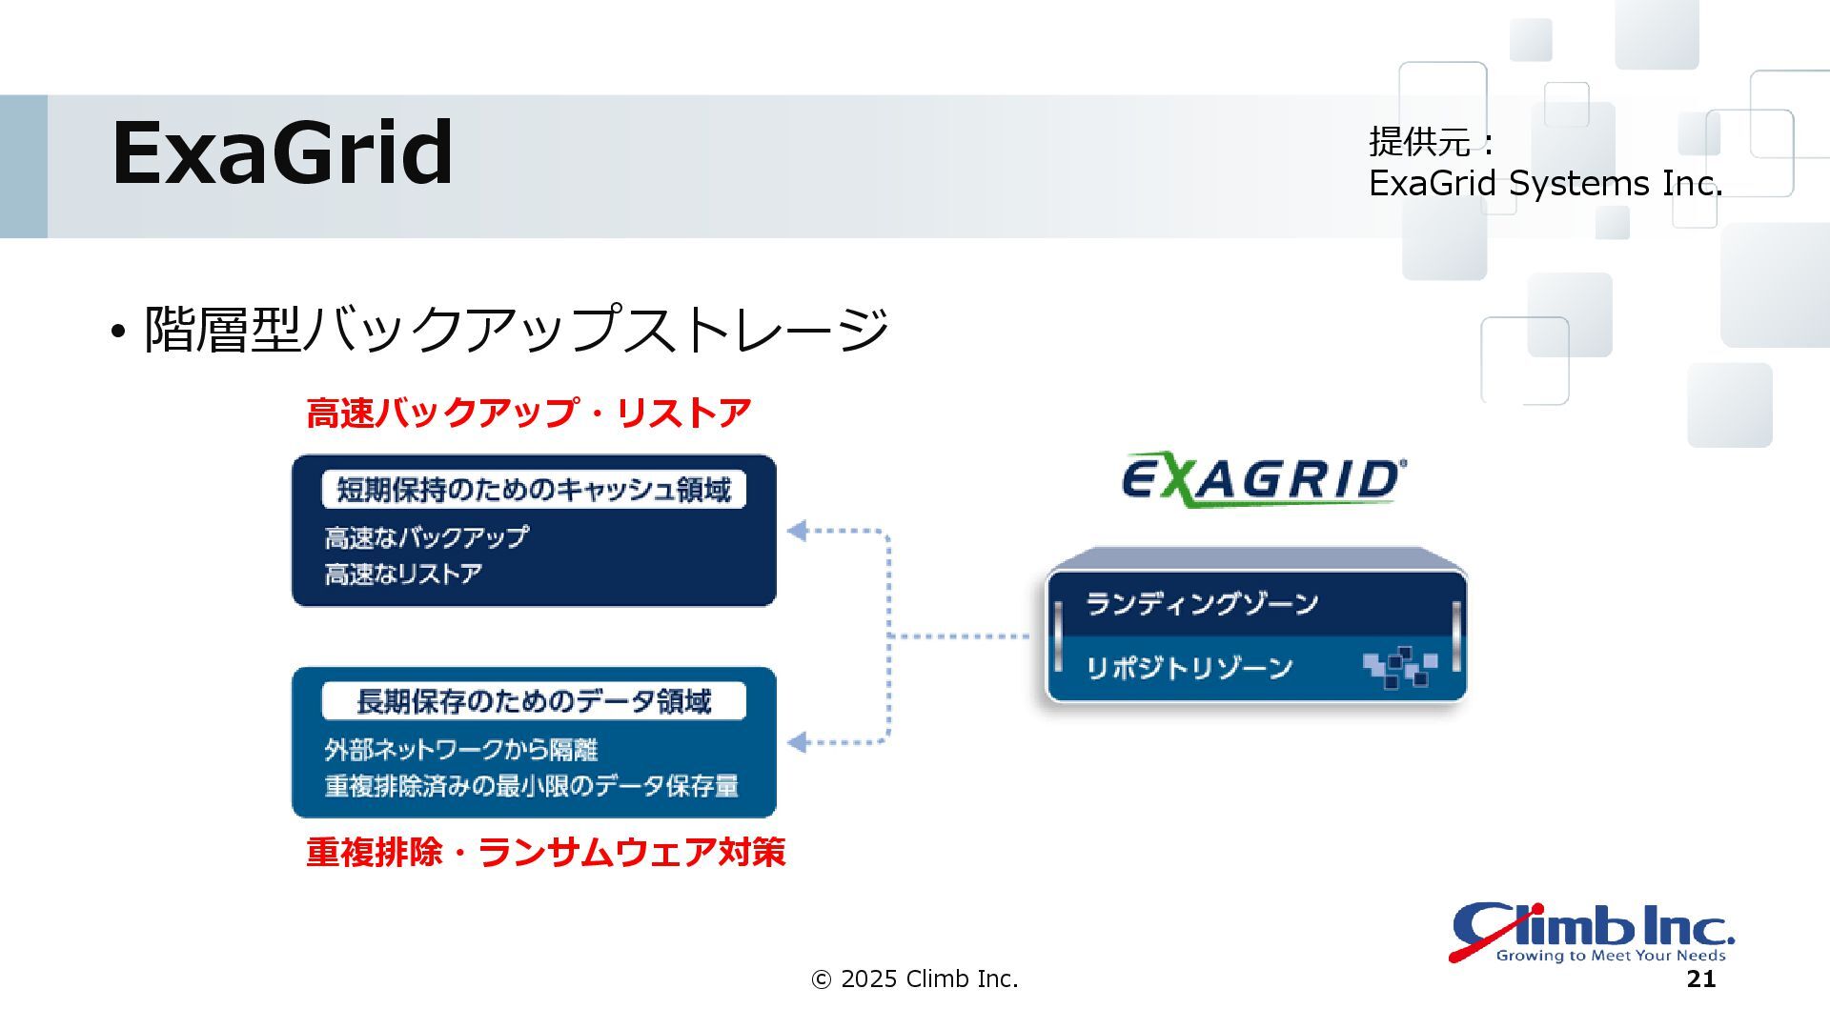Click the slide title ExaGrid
282,152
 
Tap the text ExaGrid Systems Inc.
1545,183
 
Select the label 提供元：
1433,142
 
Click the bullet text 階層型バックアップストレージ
516,330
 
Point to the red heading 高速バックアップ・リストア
528,414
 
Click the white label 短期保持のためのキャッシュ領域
534,490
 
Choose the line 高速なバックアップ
426,537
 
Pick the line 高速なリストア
403,574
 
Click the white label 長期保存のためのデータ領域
534,702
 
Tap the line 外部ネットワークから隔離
460,750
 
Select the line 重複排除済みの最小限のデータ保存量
531,786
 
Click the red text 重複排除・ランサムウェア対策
545,852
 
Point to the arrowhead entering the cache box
798,531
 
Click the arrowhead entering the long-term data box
798,742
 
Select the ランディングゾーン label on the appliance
1202,603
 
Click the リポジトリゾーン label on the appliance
1189,667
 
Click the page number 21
1701,979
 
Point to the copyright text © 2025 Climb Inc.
914,979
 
